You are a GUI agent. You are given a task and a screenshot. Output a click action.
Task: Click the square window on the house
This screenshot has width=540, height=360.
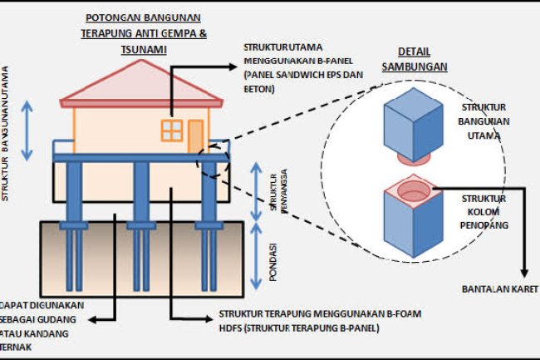(x=172, y=130)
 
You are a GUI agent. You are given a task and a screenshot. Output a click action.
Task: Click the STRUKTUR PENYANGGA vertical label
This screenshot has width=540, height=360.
(x=273, y=190)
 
